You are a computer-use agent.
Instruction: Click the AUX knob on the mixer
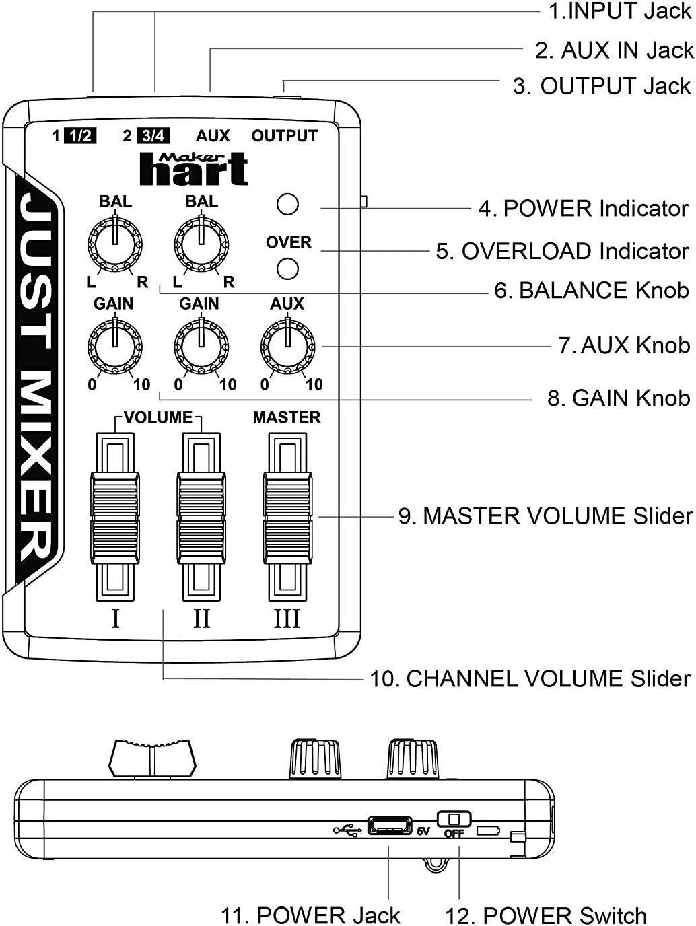tap(287, 346)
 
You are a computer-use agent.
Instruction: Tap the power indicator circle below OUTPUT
tap(287, 205)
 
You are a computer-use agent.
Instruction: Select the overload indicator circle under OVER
tap(287, 269)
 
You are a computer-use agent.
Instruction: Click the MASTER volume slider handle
tap(287, 517)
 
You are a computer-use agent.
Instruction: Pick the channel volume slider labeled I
tap(115, 517)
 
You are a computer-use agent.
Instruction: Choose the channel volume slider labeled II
tap(201, 517)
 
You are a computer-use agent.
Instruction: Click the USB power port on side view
tap(390, 826)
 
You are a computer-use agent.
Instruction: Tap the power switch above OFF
tap(454, 819)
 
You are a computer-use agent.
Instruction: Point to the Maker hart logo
tap(194, 169)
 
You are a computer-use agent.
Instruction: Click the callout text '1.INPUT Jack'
tap(619, 11)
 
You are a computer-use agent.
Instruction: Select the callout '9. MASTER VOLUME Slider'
tap(545, 516)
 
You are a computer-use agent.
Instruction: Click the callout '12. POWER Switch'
tap(545, 915)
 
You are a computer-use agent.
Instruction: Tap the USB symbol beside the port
tap(347, 830)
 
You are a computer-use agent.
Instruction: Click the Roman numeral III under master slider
tap(287, 618)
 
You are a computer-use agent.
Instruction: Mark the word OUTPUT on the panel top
tap(284, 136)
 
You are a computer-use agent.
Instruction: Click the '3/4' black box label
tap(153, 136)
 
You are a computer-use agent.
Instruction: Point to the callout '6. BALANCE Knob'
tap(591, 290)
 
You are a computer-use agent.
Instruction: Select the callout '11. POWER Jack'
tap(310, 915)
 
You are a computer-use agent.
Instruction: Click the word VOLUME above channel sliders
tap(158, 417)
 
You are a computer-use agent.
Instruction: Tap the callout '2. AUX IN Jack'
tap(613, 50)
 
